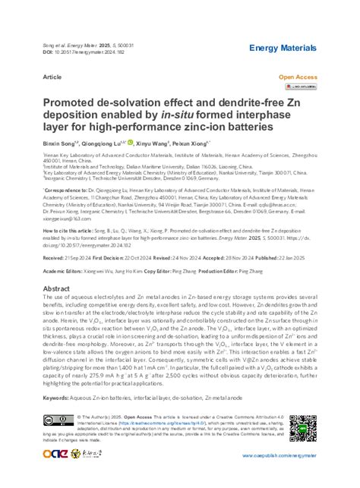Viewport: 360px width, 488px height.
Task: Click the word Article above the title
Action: tap(53, 77)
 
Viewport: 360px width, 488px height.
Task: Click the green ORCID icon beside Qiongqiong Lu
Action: tap(151, 142)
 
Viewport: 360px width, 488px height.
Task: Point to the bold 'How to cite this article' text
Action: tap(76, 228)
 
